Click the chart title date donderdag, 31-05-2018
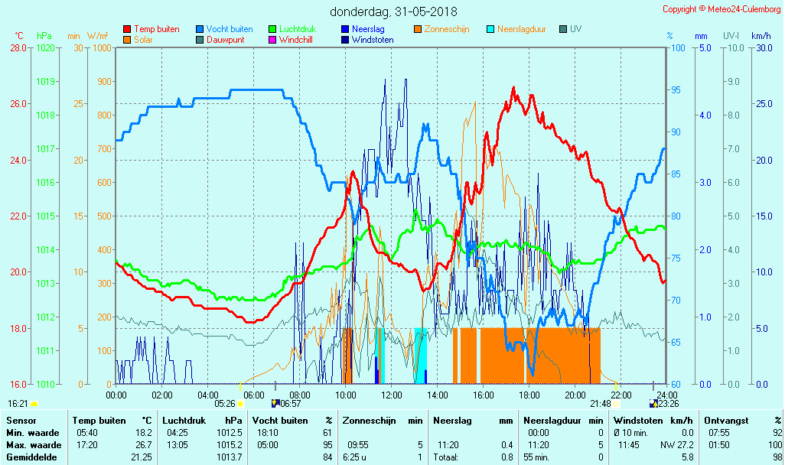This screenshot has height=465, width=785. click(392, 11)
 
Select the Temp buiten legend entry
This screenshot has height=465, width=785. click(156, 29)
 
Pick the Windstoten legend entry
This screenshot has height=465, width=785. click(373, 40)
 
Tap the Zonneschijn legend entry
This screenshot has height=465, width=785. click(451, 29)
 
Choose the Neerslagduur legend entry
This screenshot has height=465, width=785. click(521, 29)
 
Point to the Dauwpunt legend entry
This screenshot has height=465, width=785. click(226, 40)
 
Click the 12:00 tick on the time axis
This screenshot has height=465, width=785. click(392, 395)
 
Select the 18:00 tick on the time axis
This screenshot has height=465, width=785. click(529, 395)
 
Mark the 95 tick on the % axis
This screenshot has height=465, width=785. click(676, 90)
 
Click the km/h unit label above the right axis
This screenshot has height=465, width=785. click(761, 36)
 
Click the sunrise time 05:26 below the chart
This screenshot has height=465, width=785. click(224, 403)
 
